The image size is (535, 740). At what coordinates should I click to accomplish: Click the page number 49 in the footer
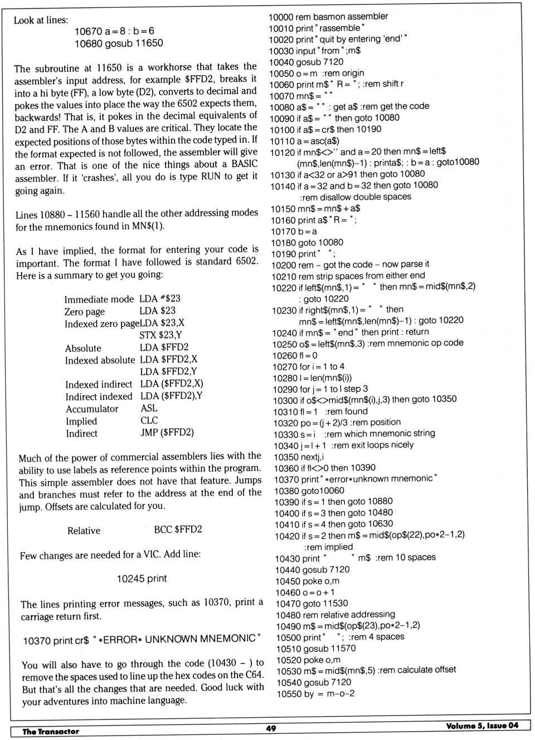pos(271,728)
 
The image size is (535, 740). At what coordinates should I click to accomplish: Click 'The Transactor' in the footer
pos(51,731)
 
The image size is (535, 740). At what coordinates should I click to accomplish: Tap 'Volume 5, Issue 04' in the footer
pos(482,725)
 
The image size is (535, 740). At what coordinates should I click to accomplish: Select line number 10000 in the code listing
pos(282,17)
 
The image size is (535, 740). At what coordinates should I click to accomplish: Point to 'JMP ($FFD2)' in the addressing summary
pos(167,432)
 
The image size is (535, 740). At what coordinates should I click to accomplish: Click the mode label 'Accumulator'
pos(92,409)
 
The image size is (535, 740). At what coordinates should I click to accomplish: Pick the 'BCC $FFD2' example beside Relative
pos(178,530)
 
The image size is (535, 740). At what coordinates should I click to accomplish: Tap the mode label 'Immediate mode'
pos(99,299)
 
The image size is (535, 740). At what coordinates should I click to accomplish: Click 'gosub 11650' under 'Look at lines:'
pos(134,43)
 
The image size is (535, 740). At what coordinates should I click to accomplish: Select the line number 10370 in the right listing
pos(286,479)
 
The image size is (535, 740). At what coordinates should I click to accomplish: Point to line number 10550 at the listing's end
pos(289,694)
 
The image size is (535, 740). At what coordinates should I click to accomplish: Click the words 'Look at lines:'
pos(41,20)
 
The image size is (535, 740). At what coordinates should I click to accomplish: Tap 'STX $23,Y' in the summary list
pos(160,335)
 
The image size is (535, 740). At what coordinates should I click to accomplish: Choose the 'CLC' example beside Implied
pos(149,420)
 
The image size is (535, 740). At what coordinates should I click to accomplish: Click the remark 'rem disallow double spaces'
pos(356,197)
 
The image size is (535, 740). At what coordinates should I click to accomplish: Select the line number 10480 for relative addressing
pos(288,615)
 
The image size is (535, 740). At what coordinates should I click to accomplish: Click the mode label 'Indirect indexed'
pos(99,396)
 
